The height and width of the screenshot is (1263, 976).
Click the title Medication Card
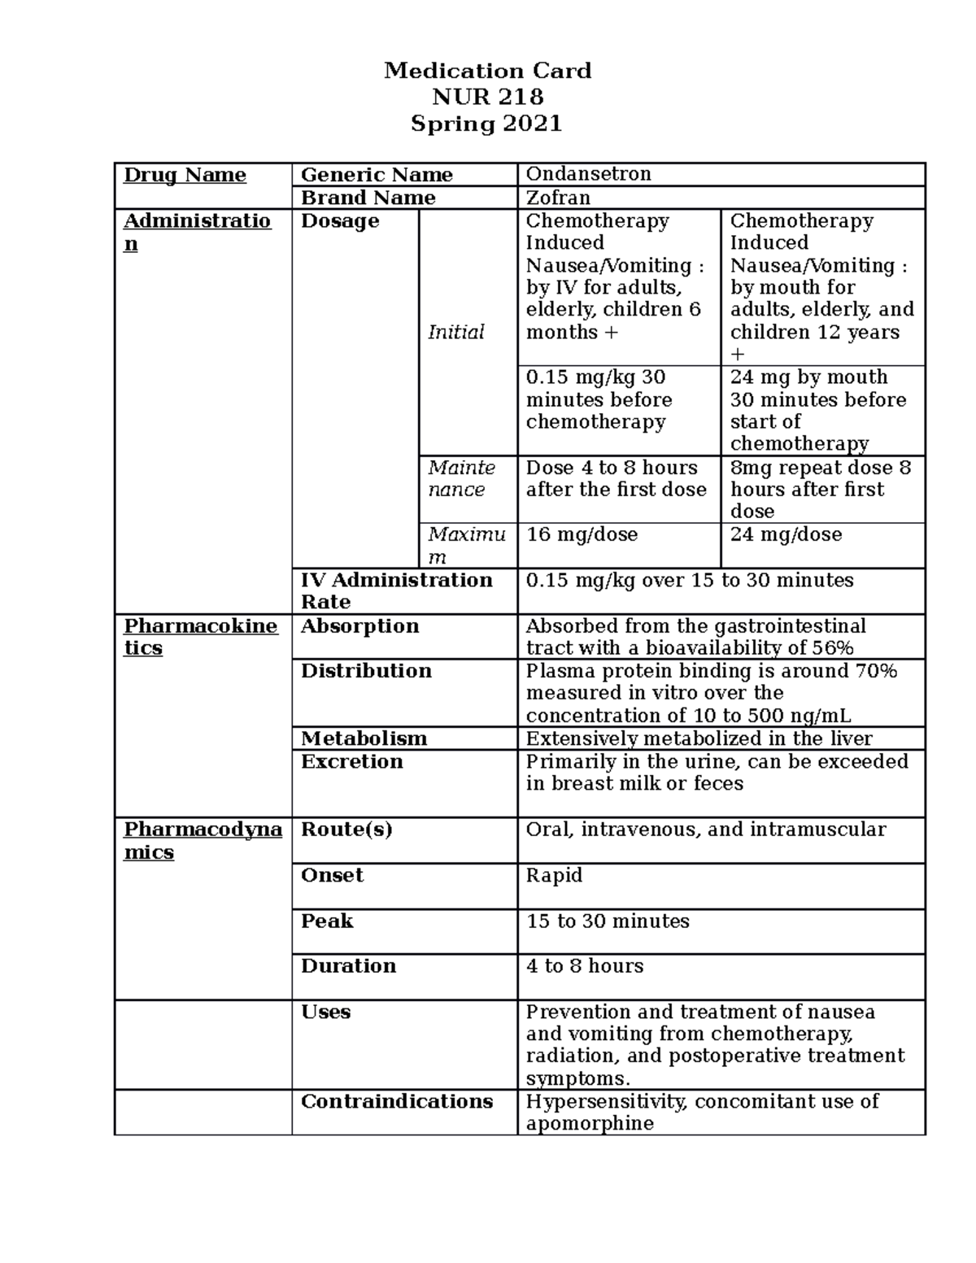click(x=487, y=71)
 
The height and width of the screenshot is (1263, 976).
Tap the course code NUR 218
click(x=487, y=98)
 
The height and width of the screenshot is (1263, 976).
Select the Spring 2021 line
click(x=486, y=124)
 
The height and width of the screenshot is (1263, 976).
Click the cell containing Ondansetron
click(x=588, y=174)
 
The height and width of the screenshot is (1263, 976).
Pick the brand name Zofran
click(x=558, y=198)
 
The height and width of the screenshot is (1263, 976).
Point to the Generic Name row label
click(x=377, y=175)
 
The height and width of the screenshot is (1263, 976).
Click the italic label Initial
click(x=455, y=332)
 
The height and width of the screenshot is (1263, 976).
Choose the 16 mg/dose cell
click(x=582, y=534)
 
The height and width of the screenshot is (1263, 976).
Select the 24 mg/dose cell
click(x=786, y=534)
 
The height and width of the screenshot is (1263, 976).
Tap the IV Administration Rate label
click(x=396, y=590)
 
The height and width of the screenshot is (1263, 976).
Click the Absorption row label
click(x=359, y=626)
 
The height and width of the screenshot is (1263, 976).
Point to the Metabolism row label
click(x=364, y=738)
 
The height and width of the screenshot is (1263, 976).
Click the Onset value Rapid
click(x=554, y=875)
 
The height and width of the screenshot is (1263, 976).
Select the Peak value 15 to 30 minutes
click(x=608, y=921)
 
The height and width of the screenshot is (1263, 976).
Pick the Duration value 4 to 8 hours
click(x=585, y=966)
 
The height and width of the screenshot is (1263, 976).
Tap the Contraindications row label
click(x=397, y=1101)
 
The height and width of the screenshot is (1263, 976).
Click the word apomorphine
click(x=590, y=1124)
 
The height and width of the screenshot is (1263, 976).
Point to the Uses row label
click(x=325, y=1012)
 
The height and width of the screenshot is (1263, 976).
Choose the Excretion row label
click(x=351, y=761)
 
